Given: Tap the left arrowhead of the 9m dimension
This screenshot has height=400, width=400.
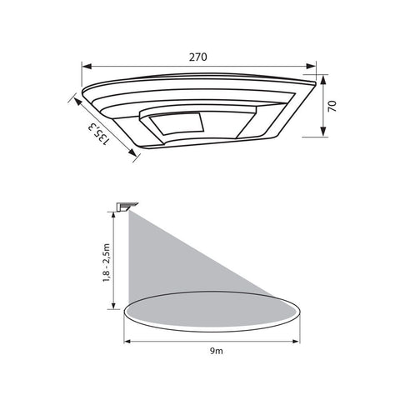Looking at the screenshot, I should pos(127,339).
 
